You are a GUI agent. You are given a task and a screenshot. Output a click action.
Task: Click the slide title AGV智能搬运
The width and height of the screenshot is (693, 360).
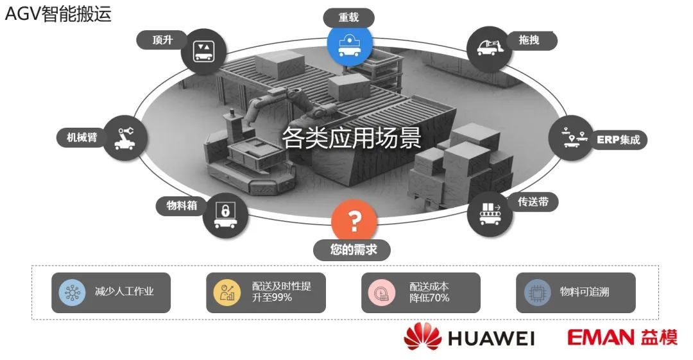coord(58,13)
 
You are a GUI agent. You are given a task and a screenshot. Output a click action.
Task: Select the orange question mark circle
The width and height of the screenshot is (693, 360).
coord(354,221)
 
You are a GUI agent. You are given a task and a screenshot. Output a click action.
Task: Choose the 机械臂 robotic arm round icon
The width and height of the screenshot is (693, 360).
coord(125,137)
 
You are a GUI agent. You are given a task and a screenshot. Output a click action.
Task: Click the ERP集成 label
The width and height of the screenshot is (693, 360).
coord(619,140)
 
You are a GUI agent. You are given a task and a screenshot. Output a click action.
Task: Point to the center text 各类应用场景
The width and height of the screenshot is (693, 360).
coord(352,137)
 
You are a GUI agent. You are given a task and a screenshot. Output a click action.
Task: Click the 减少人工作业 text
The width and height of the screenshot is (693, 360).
coord(124,291)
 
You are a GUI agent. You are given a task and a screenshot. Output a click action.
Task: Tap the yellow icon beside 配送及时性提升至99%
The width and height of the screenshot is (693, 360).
coord(227,292)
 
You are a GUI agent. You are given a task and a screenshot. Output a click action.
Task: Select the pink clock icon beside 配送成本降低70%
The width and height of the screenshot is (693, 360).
coord(381,293)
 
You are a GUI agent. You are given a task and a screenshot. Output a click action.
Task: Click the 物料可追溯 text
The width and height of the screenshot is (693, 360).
coord(585,291)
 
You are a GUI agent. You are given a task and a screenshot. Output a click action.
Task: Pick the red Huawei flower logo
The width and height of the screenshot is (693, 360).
coord(422,336)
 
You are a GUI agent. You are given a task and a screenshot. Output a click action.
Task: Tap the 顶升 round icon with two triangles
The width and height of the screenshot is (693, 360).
coord(204,51)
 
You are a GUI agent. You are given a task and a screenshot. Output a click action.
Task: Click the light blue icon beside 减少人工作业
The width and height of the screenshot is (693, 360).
coord(73,293)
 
